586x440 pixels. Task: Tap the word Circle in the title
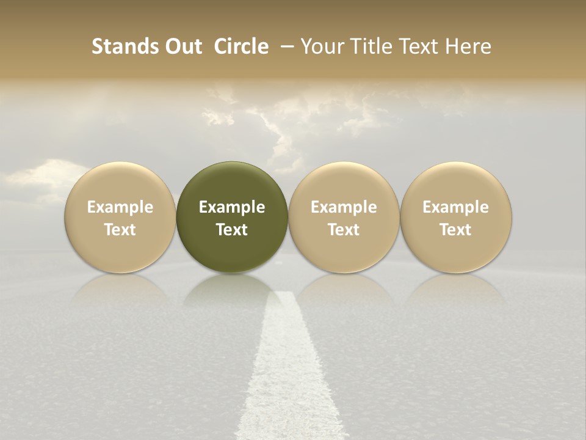pyautogui.click(x=241, y=46)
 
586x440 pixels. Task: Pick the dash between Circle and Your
pyautogui.click(x=284, y=46)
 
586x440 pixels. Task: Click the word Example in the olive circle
pyautogui.click(x=232, y=207)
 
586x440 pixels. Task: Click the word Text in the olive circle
pyautogui.click(x=232, y=230)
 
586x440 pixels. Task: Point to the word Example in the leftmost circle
pyautogui.click(x=120, y=207)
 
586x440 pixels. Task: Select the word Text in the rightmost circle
pyautogui.click(x=456, y=230)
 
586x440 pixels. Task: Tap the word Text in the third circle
pyautogui.click(x=344, y=230)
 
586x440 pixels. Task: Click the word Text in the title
pyautogui.click(x=420, y=46)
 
